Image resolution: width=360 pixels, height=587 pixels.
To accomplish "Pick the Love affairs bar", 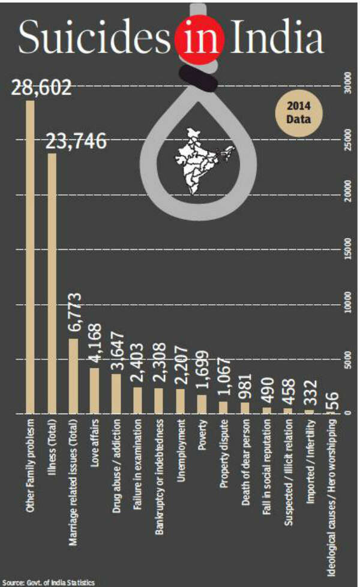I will (x=95, y=390).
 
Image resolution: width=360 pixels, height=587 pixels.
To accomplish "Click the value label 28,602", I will (x=41, y=88).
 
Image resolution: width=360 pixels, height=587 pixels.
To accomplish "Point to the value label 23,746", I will (x=76, y=142).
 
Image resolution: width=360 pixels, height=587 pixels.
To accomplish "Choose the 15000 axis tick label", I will (x=347, y=249).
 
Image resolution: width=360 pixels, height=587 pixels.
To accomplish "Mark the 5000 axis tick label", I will (x=347, y=360).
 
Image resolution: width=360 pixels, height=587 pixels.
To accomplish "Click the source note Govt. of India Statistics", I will (x=48, y=582).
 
